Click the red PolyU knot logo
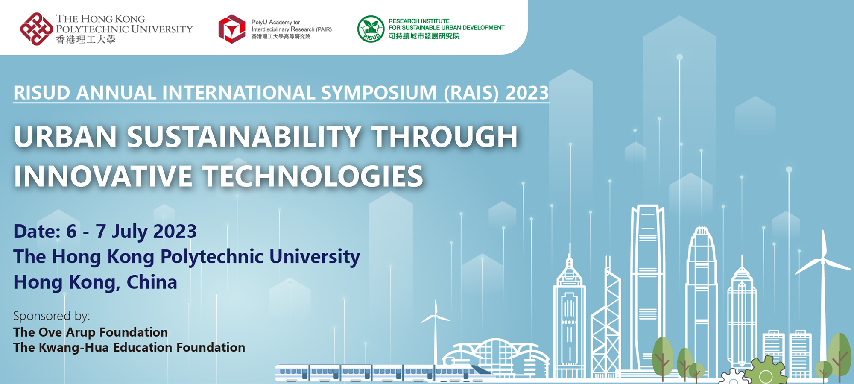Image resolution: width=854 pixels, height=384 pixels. point(37,29)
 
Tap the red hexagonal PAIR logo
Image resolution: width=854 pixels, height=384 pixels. point(232,29)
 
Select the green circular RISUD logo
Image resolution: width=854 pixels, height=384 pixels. point(371,29)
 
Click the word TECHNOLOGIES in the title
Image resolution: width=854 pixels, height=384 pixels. point(313,176)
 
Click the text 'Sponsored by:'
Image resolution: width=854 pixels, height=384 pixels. point(52,316)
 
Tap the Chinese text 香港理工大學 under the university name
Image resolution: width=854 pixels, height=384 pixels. point(85,40)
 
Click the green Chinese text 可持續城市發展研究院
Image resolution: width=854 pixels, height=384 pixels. point(424,36)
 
